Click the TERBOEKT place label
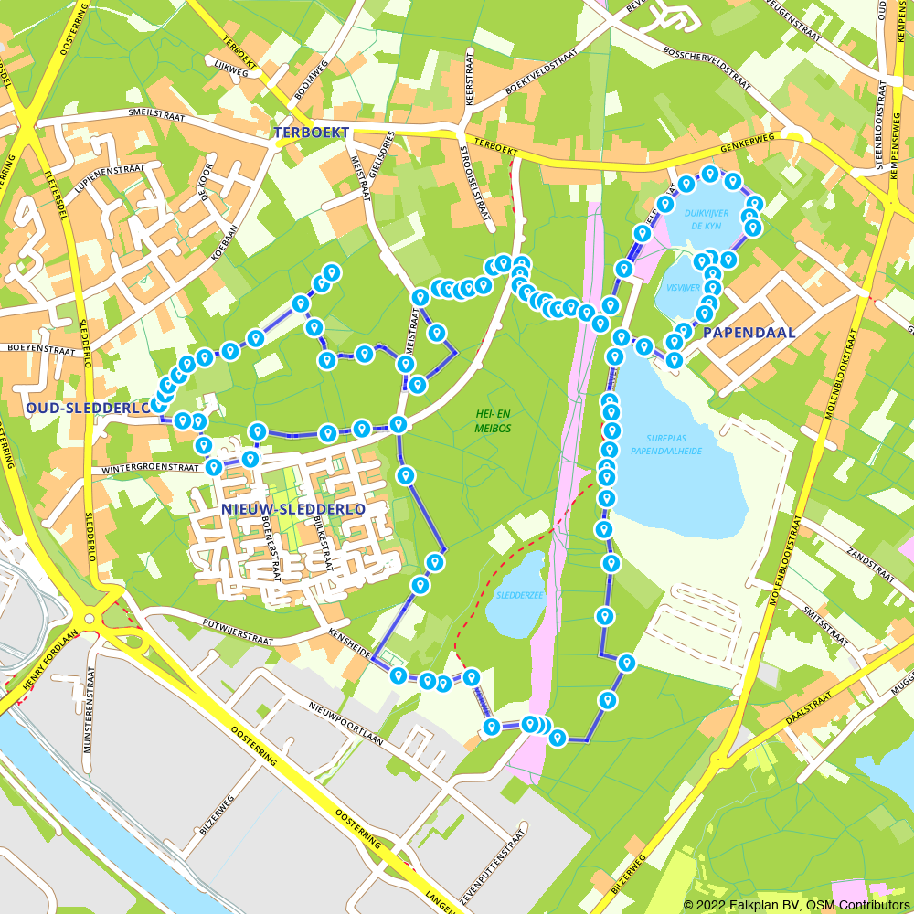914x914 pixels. [x=311, y=133]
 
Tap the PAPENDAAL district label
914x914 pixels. [x=749, y=333]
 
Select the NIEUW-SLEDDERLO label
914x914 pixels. [x=292, y=508]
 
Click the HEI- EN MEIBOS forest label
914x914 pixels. [x=493, y=421]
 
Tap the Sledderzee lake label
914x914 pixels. [x=518, y=594]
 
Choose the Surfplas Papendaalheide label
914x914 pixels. [x=665, y=444]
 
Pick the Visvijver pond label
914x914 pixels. [x=683, y=287]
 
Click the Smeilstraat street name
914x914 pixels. [x=156, y=117]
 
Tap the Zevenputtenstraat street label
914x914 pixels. [x=494, y=866]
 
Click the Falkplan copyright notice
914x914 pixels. [x=796, y=904]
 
